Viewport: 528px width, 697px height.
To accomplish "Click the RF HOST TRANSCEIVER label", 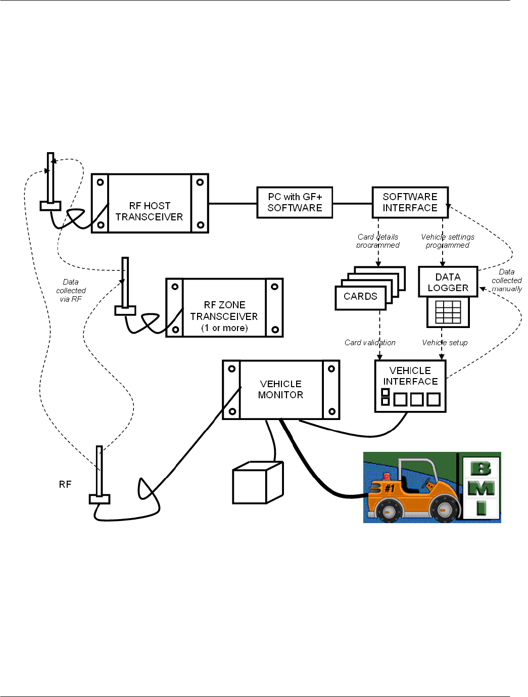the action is click(149, 211).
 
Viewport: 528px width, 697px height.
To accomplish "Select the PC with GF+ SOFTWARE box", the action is click(295, 203).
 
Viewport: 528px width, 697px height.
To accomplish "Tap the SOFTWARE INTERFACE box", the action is click(410, 203).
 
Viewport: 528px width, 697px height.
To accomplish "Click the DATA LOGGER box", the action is click(448, 282).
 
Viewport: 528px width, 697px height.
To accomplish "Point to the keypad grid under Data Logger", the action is click(448, 312).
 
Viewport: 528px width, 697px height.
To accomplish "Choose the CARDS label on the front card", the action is click(360, 296).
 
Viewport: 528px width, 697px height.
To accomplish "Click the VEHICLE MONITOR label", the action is click(280, 389).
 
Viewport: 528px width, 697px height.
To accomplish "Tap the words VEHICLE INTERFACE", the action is click(410, 376).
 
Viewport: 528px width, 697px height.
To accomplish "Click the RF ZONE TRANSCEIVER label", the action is click(224, 316).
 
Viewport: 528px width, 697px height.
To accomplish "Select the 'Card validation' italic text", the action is click(370, 343).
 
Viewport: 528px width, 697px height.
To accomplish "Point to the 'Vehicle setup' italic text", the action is click(445, 343).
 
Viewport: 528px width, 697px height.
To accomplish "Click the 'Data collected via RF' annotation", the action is click(71, 291).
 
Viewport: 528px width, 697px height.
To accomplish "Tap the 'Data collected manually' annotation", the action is click(506, 281).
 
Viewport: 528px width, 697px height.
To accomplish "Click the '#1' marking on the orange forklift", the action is click(390, 488).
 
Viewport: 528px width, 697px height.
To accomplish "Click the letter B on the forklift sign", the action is click(481, 469).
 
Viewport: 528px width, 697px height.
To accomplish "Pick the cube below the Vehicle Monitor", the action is click(258, 483).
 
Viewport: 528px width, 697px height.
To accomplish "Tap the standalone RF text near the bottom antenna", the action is click(65, 485).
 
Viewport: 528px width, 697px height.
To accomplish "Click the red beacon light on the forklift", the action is click(387, 476).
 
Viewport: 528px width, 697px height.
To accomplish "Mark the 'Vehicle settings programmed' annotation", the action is click(447, 241).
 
